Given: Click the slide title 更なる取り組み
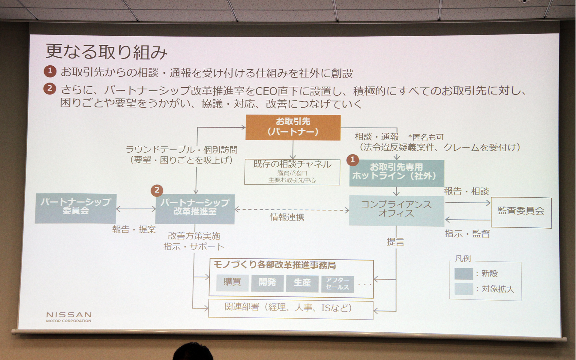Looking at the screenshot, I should (106, 52).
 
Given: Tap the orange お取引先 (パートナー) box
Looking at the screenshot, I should (293, 127).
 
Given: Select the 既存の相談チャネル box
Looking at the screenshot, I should (292, 172).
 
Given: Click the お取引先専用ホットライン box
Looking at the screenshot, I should (396, 173).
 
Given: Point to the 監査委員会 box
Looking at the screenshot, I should (521, 212).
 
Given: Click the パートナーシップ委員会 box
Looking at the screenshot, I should (75, 208).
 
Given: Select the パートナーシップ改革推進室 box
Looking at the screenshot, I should (195, 209).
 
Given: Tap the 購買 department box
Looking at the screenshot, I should (232, 283).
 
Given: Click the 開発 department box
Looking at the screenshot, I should (267, 283).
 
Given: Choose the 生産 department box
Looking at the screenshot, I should (302, 283).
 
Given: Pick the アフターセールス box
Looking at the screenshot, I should (337, 283).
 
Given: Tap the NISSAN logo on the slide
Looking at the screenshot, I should (69, 316).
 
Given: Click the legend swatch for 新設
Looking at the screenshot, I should (463, 274).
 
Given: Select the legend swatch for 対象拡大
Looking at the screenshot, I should (463, 289).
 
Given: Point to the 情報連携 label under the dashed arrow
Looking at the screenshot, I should (287, 217).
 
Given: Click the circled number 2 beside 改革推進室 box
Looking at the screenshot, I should (157, 190).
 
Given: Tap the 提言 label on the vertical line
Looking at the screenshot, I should (395, 242).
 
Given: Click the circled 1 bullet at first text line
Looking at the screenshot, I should (50, 71).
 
